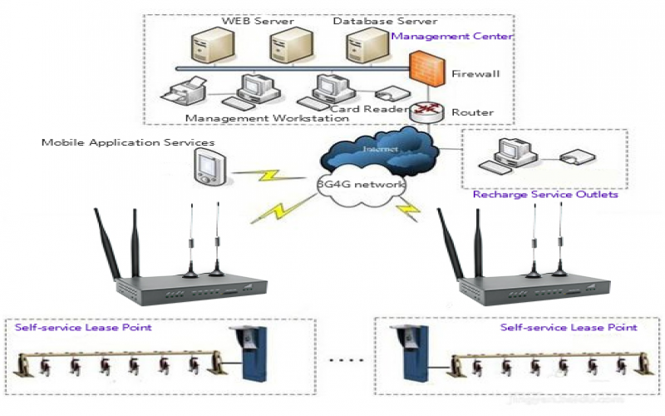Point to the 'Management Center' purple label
[451, 37]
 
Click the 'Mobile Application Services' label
[128, 142]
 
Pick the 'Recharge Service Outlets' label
[545, 196]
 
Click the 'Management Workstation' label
[267, 118]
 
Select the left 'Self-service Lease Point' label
[83, 328]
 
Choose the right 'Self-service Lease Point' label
[569, 328]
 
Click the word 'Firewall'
[475, 75]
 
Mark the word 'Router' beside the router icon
[472, 112]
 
